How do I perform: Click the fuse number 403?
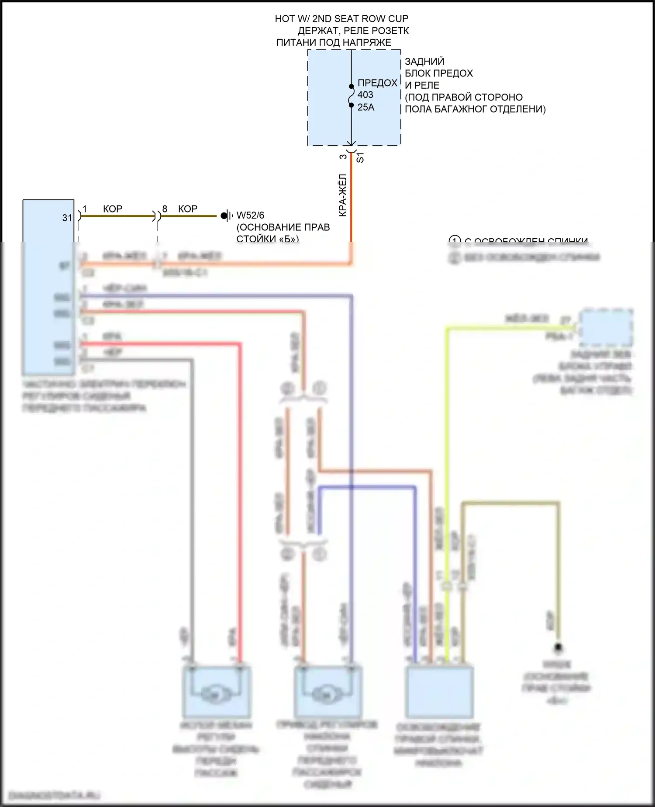tap(365, 95)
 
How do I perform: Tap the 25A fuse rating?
tap(365, 107)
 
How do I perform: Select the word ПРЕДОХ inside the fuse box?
tap(377, 83)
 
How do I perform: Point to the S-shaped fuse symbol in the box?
tap(351, 96)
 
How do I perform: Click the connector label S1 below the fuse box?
tap(360, 157)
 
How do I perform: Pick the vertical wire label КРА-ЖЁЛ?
tap(343, 195)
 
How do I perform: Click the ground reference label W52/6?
tap(250, 215)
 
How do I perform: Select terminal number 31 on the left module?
tap(67, 218)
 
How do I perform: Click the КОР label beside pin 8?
tap(188, 209)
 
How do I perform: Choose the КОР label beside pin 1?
tap(113, 209)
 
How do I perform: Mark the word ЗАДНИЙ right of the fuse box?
tap(424, 61)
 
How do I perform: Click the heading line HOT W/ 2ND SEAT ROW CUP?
tap(341, 19)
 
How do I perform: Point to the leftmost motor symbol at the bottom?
tap(216, 692)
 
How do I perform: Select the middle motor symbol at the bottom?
tap(327, 692)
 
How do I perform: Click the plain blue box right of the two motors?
tap(439, 692)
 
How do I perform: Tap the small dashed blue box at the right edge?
tap(606, 328)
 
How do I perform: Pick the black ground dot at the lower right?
tap(558, 647)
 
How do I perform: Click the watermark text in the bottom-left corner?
tap(55, 795)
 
